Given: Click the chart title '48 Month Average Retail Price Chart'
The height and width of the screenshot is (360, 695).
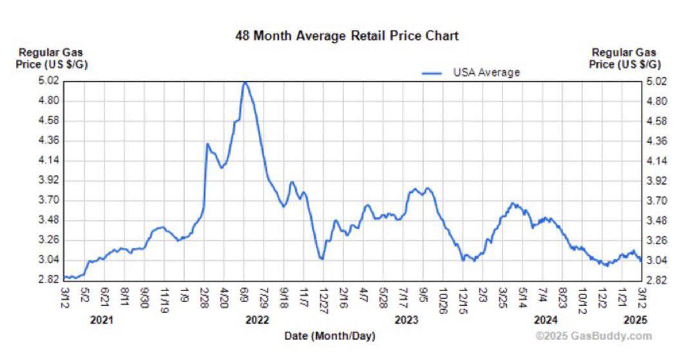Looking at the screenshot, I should (347, 35).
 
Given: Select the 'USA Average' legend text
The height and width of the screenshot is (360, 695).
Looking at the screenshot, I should (486, 72).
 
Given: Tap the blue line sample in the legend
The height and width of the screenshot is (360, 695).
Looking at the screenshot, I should (432, 73).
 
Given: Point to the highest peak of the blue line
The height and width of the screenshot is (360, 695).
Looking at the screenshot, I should (245, 82).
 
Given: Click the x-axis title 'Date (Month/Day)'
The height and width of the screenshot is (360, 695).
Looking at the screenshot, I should (330, 336).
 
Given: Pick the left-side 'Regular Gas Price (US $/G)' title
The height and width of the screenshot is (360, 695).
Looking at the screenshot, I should (50, 58).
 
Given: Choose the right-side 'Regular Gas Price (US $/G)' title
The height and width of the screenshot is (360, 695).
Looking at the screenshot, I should (624, 58).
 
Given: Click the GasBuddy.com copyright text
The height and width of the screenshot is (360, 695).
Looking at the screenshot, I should (593, 336).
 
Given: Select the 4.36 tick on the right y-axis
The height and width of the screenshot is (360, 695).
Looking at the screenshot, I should (656, 140).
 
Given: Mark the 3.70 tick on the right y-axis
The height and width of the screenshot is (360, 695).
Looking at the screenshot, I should (656, 200).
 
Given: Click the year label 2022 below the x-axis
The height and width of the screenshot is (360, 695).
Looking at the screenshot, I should (258, 319).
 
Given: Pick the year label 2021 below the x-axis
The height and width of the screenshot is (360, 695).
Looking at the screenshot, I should (100, 319).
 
